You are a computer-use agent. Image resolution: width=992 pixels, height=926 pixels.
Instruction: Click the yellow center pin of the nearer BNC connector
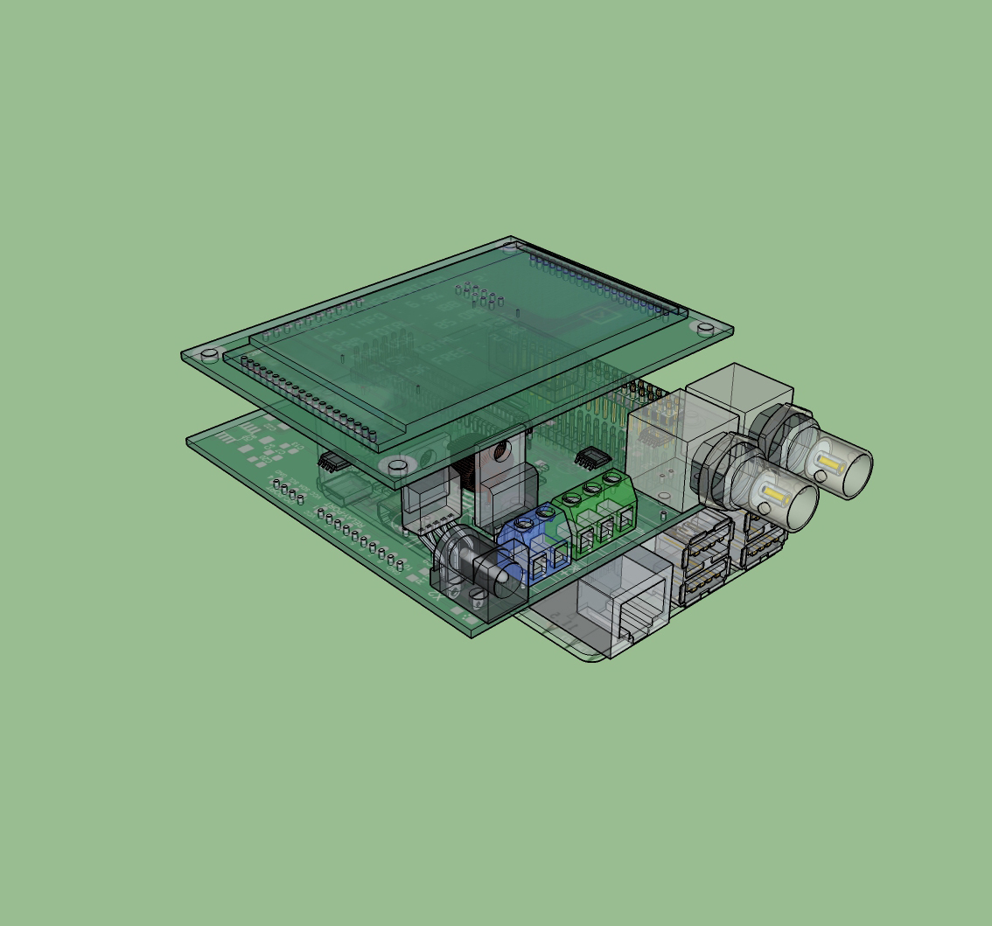click(773, 496)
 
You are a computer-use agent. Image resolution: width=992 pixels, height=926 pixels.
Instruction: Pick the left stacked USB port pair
click(705, 560)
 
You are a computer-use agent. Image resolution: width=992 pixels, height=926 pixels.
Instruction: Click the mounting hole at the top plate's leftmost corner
click(209, 355)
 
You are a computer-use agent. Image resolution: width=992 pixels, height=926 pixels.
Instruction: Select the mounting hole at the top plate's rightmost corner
click(705, 328)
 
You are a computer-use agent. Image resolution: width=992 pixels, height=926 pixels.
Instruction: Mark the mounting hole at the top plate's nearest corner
click(397, 465)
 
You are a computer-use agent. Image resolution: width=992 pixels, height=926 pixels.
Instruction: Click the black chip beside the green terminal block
click(592, 456)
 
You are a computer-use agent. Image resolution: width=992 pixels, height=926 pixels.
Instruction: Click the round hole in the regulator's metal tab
click(501, 449)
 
